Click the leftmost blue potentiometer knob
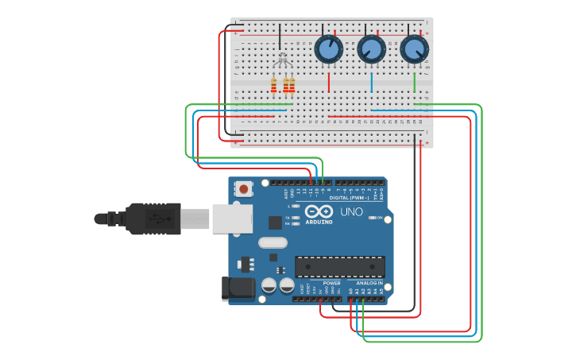coord(328,49)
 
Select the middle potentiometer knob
coord(371,49)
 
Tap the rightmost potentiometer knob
coord(414,49)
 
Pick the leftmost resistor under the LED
coord(274,85)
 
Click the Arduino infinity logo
coord(319,212)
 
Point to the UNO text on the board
coord(351,212)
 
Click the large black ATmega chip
coord(340,267)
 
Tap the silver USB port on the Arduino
coord(232,219)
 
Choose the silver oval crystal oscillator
coord(272,243)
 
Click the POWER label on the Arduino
coord(331,283)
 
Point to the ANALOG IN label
coord(369,283)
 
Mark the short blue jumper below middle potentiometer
coord(371,82)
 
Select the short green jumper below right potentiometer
coord(414,82)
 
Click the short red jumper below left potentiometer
coord(328,82)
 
